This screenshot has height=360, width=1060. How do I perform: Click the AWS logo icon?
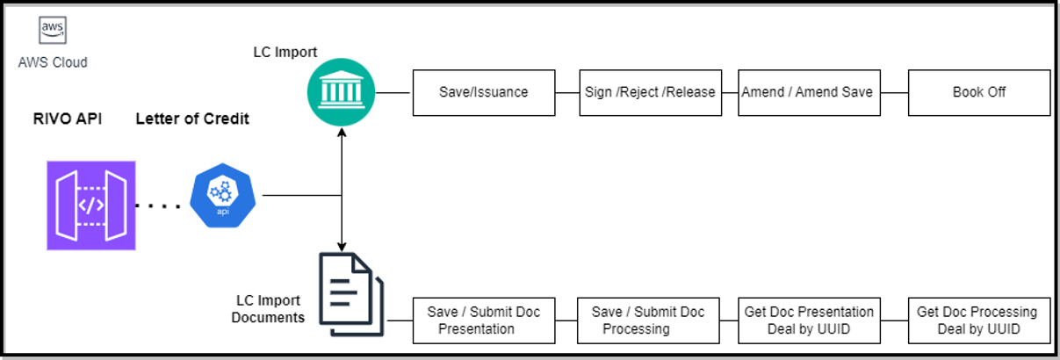coord(54,31)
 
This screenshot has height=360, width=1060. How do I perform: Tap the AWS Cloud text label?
coord(54,62)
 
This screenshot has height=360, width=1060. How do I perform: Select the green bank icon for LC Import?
coord(342,92)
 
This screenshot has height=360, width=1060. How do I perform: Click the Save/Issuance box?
coord(483,92)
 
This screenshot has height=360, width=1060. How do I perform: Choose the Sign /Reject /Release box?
coord(650,92)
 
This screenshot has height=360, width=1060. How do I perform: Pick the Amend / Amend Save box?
coord(808,92)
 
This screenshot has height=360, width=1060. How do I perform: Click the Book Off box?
coord(978,92)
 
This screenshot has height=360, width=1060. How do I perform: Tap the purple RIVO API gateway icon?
coord(91,205)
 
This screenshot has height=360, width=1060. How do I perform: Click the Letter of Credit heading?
coord(191,119)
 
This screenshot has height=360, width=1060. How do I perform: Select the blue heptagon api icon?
coord(223,197)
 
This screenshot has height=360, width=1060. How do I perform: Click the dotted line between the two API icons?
coord(158,207)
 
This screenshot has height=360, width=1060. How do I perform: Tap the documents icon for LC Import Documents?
coord(350,293)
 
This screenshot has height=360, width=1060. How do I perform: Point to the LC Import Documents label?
coord(268,309)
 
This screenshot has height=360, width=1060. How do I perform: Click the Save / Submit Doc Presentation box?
coord(483,320)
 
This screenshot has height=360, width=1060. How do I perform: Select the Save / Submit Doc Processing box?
coord(648,320)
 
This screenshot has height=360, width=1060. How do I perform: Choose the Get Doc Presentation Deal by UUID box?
coord(808,320)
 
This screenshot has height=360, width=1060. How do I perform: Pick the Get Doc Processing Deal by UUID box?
coord(978,320)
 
